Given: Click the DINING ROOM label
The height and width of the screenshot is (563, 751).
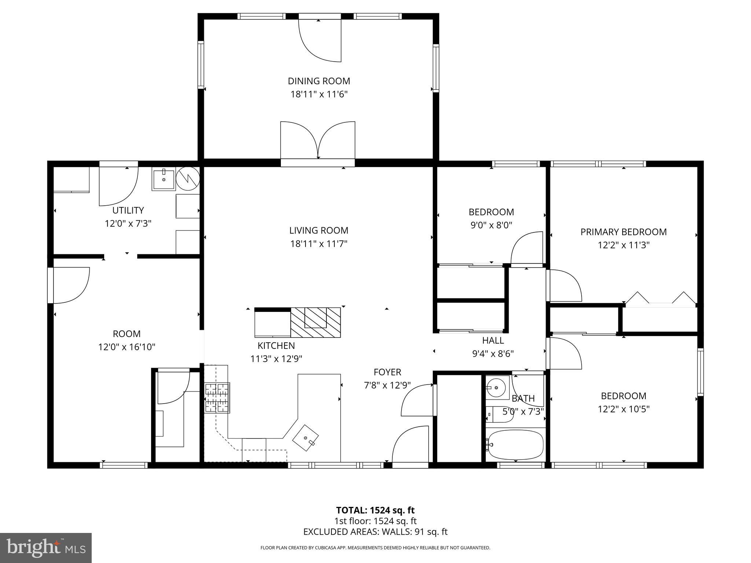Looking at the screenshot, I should [319, 81].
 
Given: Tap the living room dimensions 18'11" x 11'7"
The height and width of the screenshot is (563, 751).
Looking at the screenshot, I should [319, 244].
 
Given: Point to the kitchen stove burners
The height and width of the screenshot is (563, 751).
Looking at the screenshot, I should [217, 398].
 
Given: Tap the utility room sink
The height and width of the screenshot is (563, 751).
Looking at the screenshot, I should [163, 179].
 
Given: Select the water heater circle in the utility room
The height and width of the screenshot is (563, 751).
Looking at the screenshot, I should [188, 179].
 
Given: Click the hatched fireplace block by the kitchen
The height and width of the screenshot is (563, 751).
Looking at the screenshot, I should [315, 323].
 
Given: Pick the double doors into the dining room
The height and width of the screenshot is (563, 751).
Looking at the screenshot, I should [318, 141].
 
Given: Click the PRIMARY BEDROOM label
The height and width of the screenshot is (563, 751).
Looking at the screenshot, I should [623, 232].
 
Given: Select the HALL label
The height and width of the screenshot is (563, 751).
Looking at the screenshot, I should [493, 341].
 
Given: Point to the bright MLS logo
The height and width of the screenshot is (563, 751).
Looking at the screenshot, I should [46, 548].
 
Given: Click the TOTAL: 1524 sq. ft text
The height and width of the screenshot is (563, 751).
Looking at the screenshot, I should [375, 510].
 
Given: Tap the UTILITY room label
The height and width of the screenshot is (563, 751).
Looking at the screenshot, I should [128, 210].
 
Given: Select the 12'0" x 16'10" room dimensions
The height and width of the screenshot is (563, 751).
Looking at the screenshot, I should [127, 347].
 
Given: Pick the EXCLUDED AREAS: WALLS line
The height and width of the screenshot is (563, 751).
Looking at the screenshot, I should [375, 532].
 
